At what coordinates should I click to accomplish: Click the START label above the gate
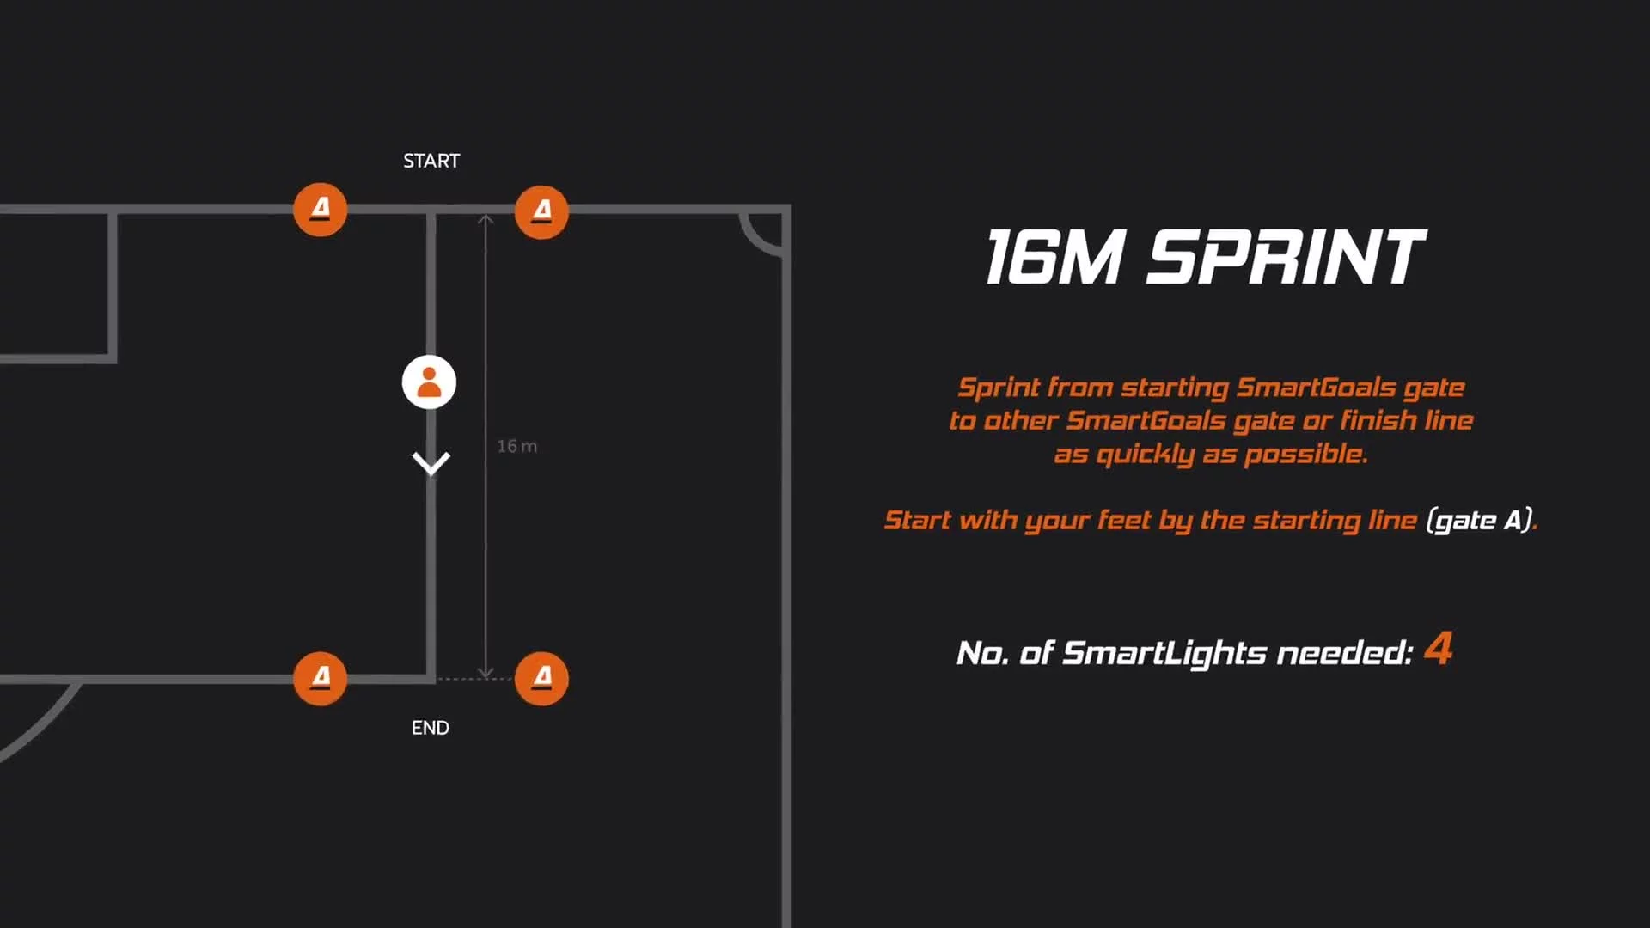click(431, 161)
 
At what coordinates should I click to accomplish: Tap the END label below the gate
click(430, 728)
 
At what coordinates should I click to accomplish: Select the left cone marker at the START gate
click(321, 209)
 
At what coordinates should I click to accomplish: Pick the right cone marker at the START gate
click(541, 211)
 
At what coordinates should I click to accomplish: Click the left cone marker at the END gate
click(321, 678)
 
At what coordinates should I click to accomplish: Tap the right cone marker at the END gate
click(541, 678)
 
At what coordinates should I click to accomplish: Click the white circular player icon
click(429, 382)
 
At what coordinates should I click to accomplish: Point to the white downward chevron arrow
click(431, 463)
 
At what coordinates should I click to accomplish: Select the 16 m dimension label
click(516, 446)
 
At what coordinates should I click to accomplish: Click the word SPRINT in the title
click(1286, 256)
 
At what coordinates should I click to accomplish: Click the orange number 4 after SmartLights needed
click(1439, 648)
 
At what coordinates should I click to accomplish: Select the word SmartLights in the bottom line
click(1164, 653)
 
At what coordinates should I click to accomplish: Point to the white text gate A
click(1480, 520)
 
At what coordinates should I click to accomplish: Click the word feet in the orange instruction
click(1124, 520)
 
